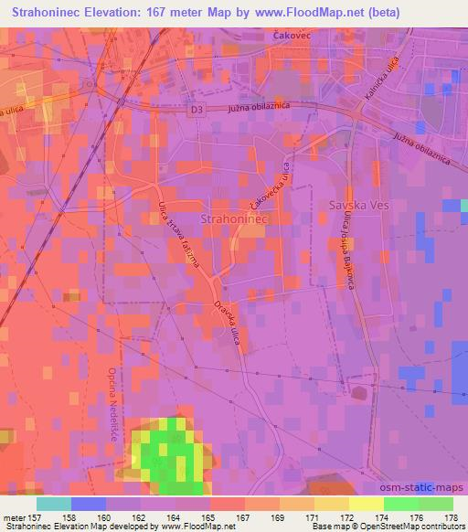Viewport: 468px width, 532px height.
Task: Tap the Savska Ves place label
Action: click(x=359, y=206)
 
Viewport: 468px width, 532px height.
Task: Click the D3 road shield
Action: click(x=197, y=109)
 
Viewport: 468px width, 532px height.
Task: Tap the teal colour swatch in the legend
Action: click(x=54, y=504)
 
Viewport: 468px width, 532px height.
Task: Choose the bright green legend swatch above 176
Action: click(x=400, y=504)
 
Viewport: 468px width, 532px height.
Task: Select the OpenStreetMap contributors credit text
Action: click(x=411, y=527)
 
